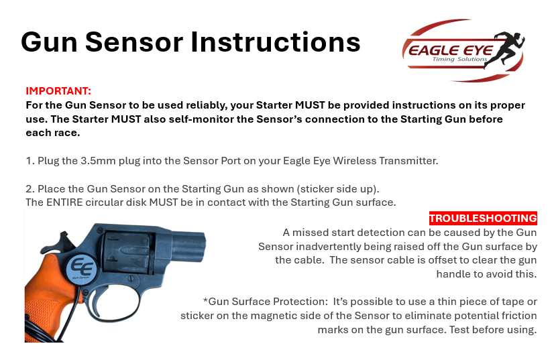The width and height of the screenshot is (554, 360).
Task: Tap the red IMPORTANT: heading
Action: (x=58, y=91)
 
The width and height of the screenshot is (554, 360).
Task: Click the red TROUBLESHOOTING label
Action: (x=483, y=219)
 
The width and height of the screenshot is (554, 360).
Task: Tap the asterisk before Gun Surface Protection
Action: (x=205, y=301)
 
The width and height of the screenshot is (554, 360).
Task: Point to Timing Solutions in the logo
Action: (x=450, y=61)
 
